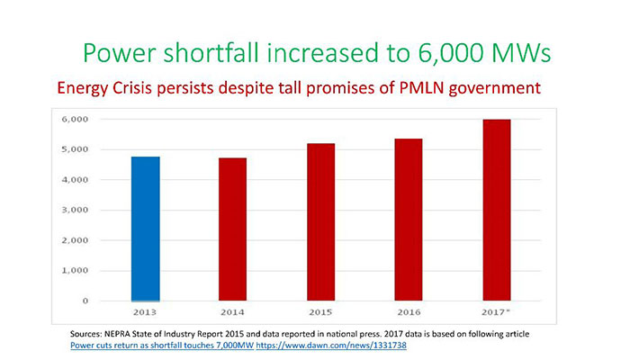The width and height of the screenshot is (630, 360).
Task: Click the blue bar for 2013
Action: (145, 229)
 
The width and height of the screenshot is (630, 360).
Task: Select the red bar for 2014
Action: (233, 229)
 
